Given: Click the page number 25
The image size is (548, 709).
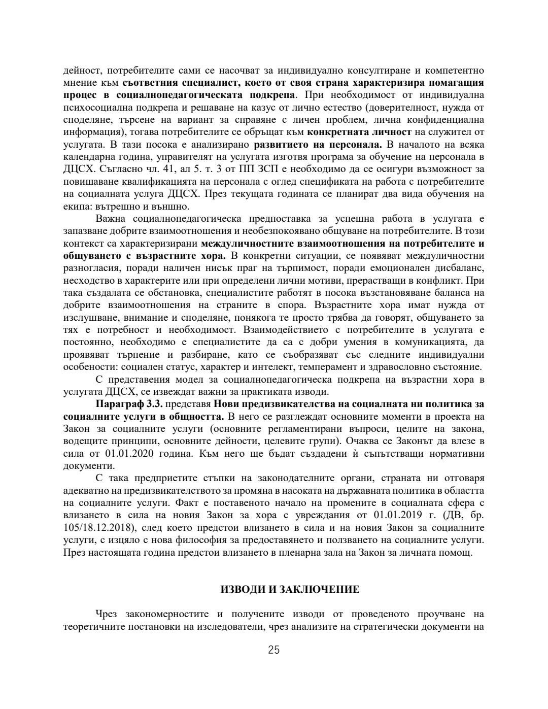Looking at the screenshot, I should [x=274, y=650].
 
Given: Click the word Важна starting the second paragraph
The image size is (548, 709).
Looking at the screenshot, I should [x=111, y=218].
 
